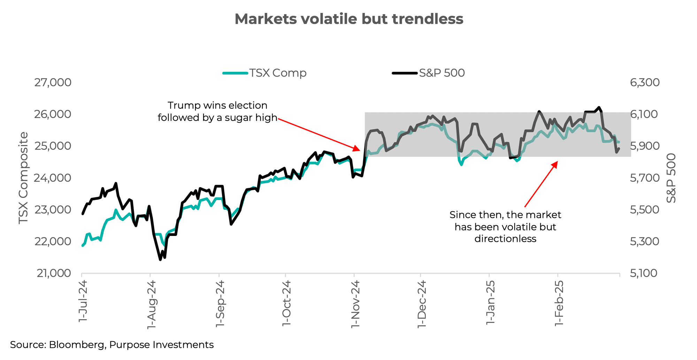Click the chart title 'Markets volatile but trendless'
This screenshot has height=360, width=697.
(349, 19)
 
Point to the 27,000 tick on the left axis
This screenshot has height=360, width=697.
(53, 83)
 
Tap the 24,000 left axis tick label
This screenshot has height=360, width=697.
(53, 178)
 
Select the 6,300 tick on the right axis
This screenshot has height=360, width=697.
(645, 83)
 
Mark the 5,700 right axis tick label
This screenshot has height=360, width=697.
(645, 178)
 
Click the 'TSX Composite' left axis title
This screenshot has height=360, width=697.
(23, 178)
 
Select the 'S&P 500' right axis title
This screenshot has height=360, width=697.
(671, 178)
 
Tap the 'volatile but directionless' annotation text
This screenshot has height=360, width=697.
(505, 227)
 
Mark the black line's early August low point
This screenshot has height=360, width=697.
(160, 260)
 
